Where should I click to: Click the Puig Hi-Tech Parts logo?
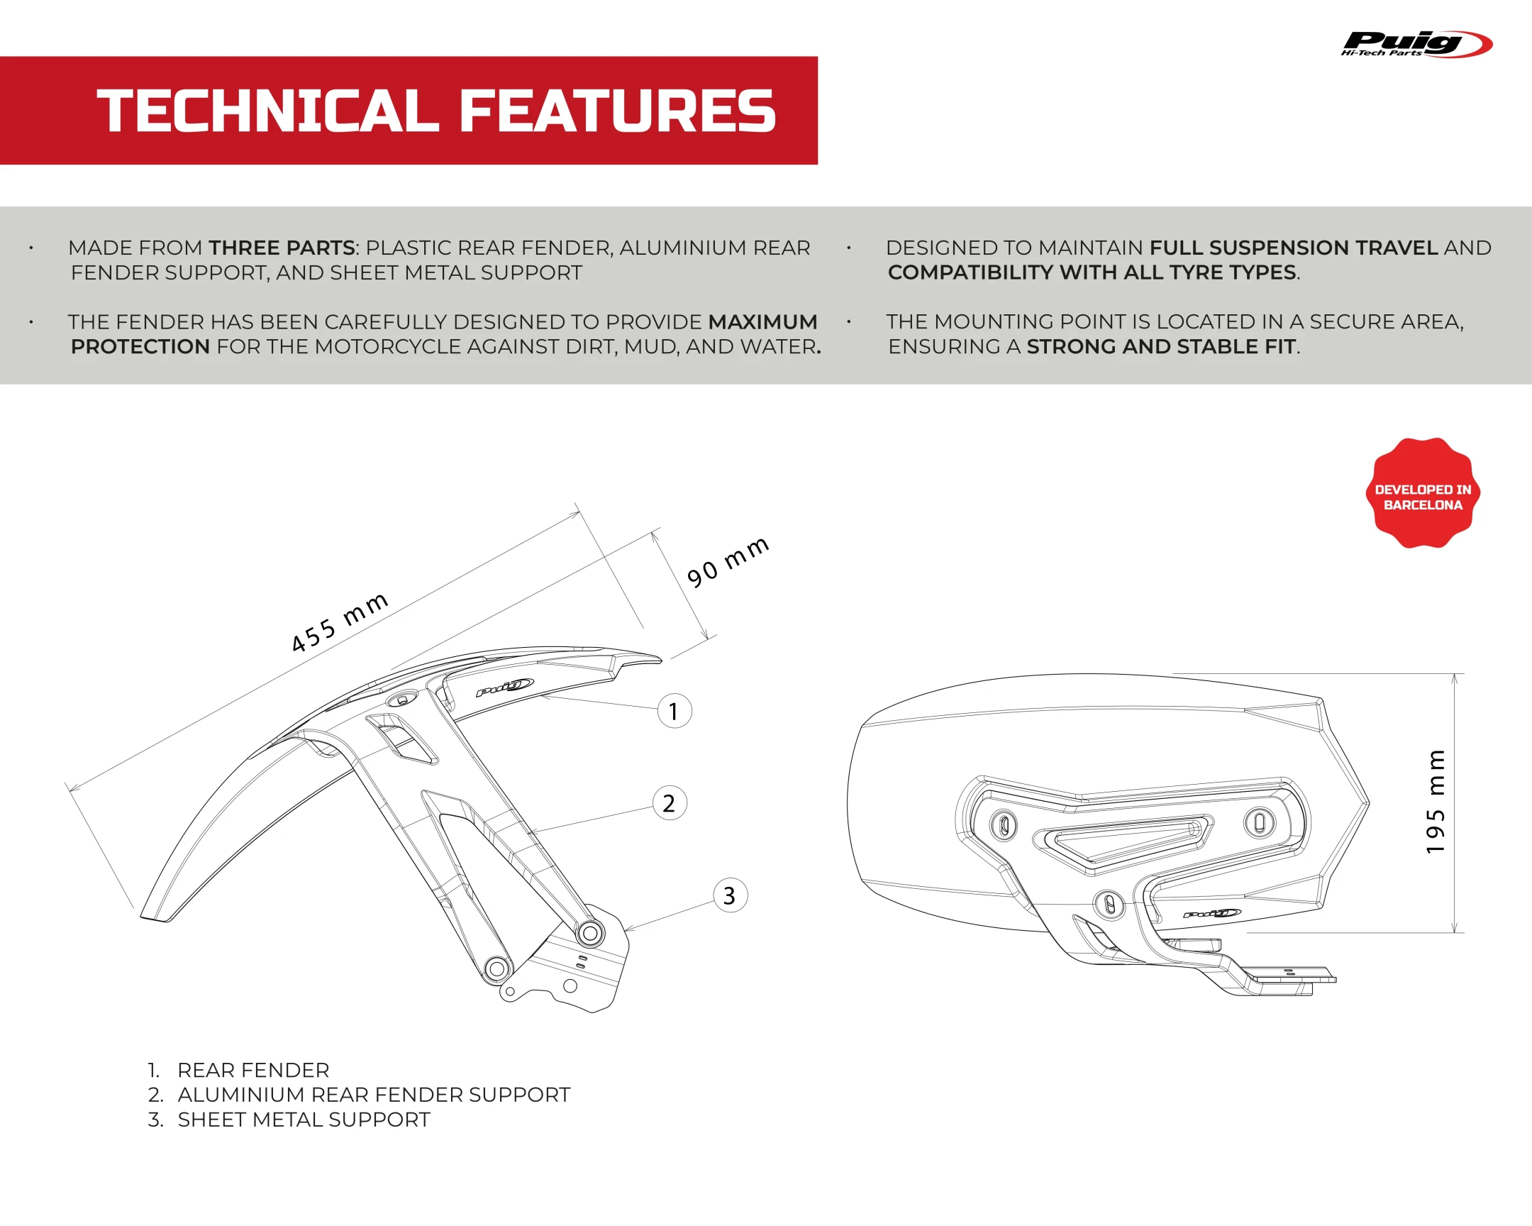tap(1417, 44)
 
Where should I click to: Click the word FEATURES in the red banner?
tap(618, 111)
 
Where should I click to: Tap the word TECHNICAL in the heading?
tap(267, 111)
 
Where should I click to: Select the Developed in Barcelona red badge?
tap(1423, 493)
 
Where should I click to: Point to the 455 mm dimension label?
tap(340, 622)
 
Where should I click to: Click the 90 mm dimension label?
tap(728, 561)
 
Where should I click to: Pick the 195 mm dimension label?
tap(1436, 801)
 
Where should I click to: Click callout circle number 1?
tap(675, 711)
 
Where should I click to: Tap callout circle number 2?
tap(670, 803)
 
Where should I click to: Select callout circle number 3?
tap(731, 895)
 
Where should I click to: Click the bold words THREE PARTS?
tap(282, 248)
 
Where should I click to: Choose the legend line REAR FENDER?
tap(239, 1070)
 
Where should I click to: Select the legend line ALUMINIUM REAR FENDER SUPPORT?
tap(359, 1095)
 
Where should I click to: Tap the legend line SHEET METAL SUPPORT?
tap(289, 1120)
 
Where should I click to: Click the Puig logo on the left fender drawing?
tap(504, 687)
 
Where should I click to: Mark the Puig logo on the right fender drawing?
tap(1212, 913)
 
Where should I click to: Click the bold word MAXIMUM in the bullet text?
tap(763, 322)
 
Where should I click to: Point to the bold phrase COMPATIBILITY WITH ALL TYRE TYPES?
tap(1092, 272)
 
